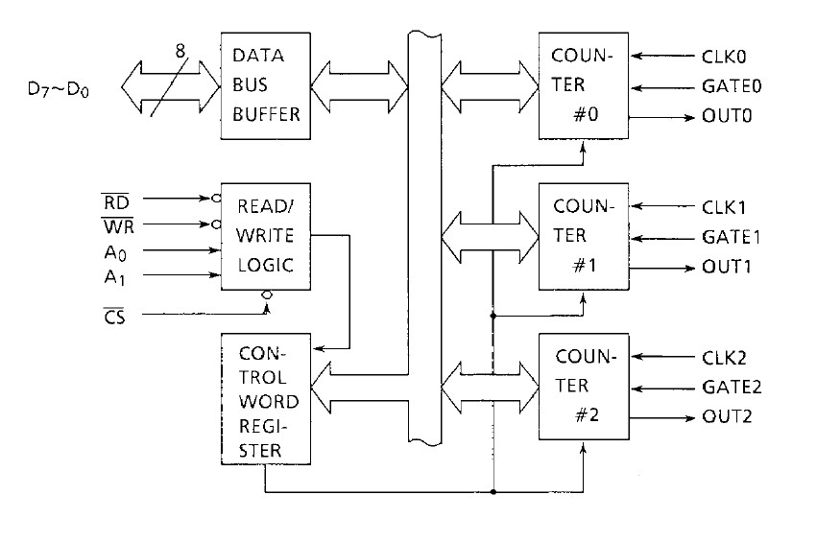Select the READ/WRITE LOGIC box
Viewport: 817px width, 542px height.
(x=266, y=236)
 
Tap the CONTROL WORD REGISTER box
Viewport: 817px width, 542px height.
(x=266, y=395)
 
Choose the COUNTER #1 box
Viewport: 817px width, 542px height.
(x=583, y=236)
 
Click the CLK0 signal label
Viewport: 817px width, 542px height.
(x=724, y=56)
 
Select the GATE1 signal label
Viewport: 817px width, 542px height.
(x=732, y=237)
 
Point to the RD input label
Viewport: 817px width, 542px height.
(x=116, y=202)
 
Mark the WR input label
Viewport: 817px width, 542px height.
(x=116, y=227)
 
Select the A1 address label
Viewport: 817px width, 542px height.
(x=115, y=277)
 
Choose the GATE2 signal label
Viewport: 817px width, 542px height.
(x=732, y=389)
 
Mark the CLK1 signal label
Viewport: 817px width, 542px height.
(x=724, y=207)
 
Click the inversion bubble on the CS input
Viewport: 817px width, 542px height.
(x=269, y=296)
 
